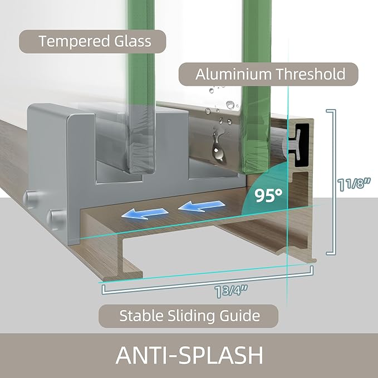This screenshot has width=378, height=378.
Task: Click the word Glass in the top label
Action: click(x=133, y=41)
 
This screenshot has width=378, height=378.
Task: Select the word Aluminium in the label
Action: click(x=233, y=74)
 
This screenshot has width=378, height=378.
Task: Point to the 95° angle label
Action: click(x=268, y=195)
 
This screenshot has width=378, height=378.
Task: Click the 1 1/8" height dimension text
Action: click(x=354, y=184)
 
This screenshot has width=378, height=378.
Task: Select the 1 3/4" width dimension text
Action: click(x=230, y=291)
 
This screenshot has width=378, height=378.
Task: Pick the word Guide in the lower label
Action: click(x=239, y=316)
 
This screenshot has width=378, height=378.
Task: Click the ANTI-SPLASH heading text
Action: click(x=189, y=355)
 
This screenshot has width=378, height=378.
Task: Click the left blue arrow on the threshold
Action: click(x=145, y=214)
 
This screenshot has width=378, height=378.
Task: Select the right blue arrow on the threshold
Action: click(x=202, y=206)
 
